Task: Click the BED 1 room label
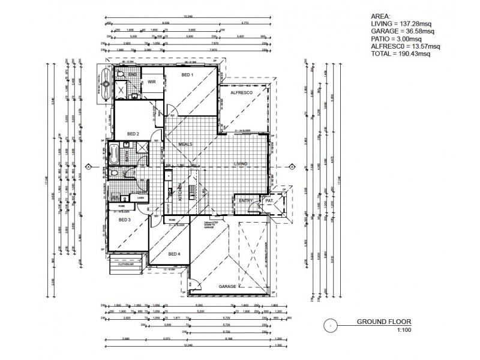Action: [x=187, y=75]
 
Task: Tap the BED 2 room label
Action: [x=133, y=134]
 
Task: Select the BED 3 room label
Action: [x=124, y=220]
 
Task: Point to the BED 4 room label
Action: [x=175, y=254]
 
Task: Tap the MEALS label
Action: [x=185, y=145]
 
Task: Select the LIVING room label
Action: [x=241, y=163]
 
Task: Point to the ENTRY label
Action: [x=245, y=201]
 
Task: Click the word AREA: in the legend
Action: [x=381, y=17]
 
